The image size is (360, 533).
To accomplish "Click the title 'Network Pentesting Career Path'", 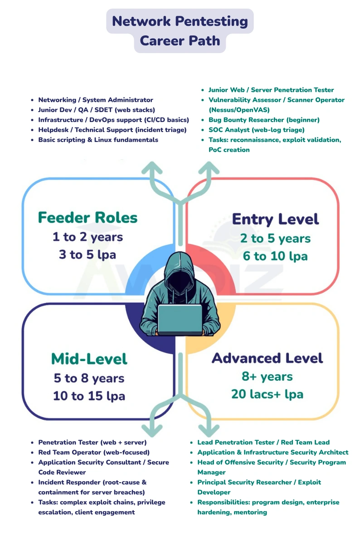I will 180,31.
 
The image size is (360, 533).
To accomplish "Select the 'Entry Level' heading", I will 275,220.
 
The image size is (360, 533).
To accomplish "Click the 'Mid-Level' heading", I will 89,359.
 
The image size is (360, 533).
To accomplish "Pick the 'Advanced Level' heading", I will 267,358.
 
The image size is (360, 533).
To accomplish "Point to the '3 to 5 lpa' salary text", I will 88,254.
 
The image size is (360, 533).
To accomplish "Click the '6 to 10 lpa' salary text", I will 275,256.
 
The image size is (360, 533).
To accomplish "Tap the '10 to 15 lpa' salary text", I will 89,396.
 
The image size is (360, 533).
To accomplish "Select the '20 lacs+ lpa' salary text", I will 267,394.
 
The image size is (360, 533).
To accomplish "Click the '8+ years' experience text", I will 267,377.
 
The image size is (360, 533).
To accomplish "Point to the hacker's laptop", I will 180,319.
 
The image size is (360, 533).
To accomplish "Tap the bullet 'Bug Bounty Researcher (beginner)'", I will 264,120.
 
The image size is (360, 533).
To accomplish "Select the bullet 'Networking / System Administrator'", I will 96,100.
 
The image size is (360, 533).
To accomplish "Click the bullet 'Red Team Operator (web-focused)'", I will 94,452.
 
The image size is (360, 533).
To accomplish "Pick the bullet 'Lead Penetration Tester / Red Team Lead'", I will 263,442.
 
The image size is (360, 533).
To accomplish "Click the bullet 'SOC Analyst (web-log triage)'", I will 256,130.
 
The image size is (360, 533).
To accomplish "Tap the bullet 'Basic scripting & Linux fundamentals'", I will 98,140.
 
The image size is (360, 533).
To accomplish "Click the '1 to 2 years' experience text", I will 88,237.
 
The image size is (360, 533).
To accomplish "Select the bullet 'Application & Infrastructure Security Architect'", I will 272,452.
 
